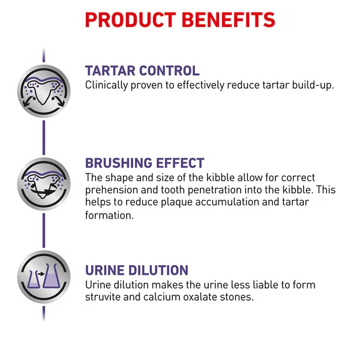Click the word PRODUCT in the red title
point(130,20)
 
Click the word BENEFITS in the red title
point(229,20)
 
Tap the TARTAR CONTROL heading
point(142,70)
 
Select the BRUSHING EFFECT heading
point(145,163)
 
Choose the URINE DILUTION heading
point(137,270)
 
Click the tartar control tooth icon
point(44,91)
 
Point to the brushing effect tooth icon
point(44,184)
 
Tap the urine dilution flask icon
point(44,277)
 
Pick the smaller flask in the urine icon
point(34,280)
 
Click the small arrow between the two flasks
point(41,274)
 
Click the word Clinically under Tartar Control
point(107,85)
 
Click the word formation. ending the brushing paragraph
point(109,215)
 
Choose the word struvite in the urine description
point(103,297)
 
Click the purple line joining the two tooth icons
point(44,137)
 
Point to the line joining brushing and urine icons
point(44,230)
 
